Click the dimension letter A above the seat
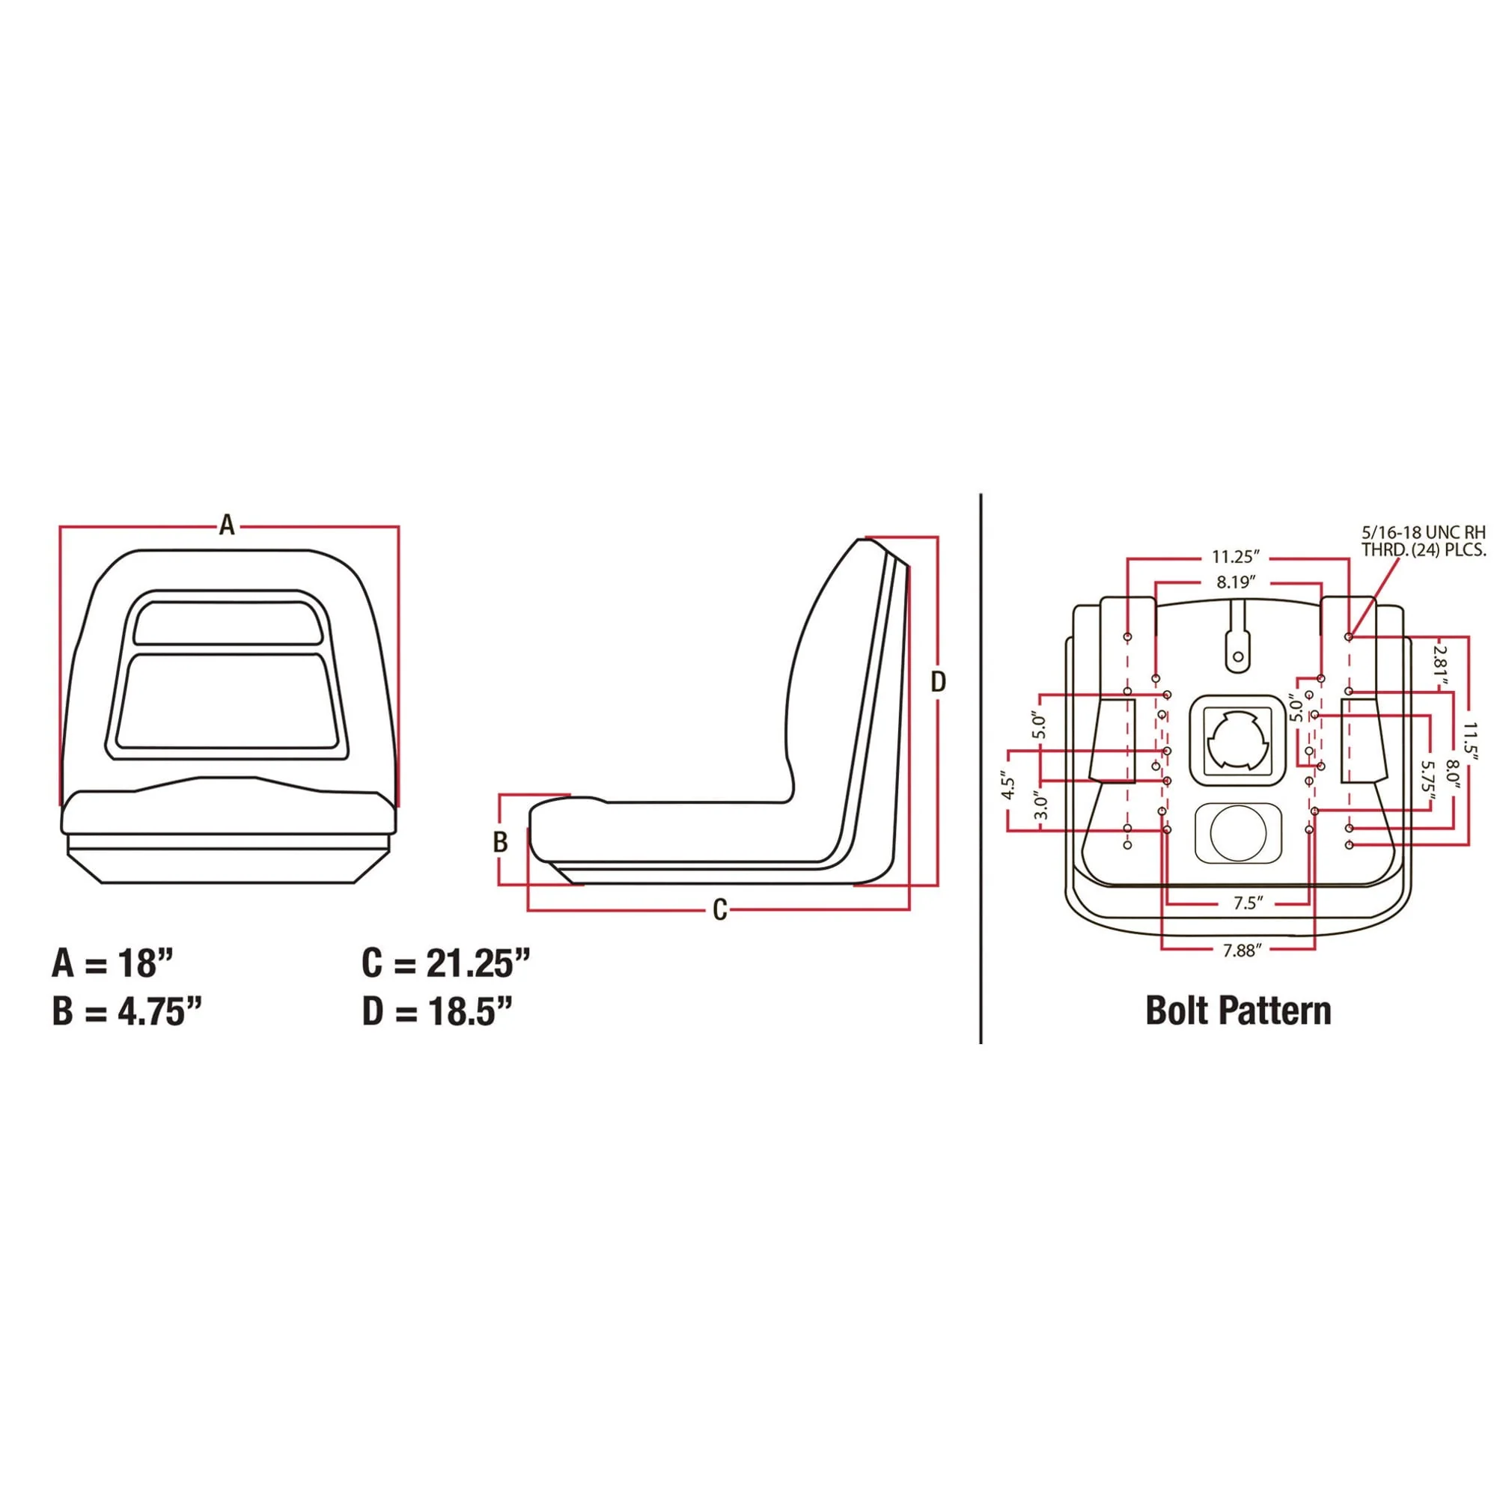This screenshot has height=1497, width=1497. (x=226, y=525)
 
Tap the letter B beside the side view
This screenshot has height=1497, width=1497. (x=501, y=841)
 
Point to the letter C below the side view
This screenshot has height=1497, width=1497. (x=720, y=909)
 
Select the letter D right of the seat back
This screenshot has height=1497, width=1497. (x=939, y=682)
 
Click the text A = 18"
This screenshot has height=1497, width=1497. (x=113, y=963)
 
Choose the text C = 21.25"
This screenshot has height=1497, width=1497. (x=445, y=963)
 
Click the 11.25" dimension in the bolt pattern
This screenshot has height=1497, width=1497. (x=1236, y=556)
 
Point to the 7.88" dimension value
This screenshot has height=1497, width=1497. (x=1243, y=950)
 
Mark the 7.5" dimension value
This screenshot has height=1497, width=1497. (x=1248, y=903)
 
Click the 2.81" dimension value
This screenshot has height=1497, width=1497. (x=1440, y=664)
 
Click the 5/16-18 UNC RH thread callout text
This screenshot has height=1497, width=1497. (x=1424, y=541)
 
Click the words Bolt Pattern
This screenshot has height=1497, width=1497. (x=1238, y=1010)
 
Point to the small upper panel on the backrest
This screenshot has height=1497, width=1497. (x=228, y=621)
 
